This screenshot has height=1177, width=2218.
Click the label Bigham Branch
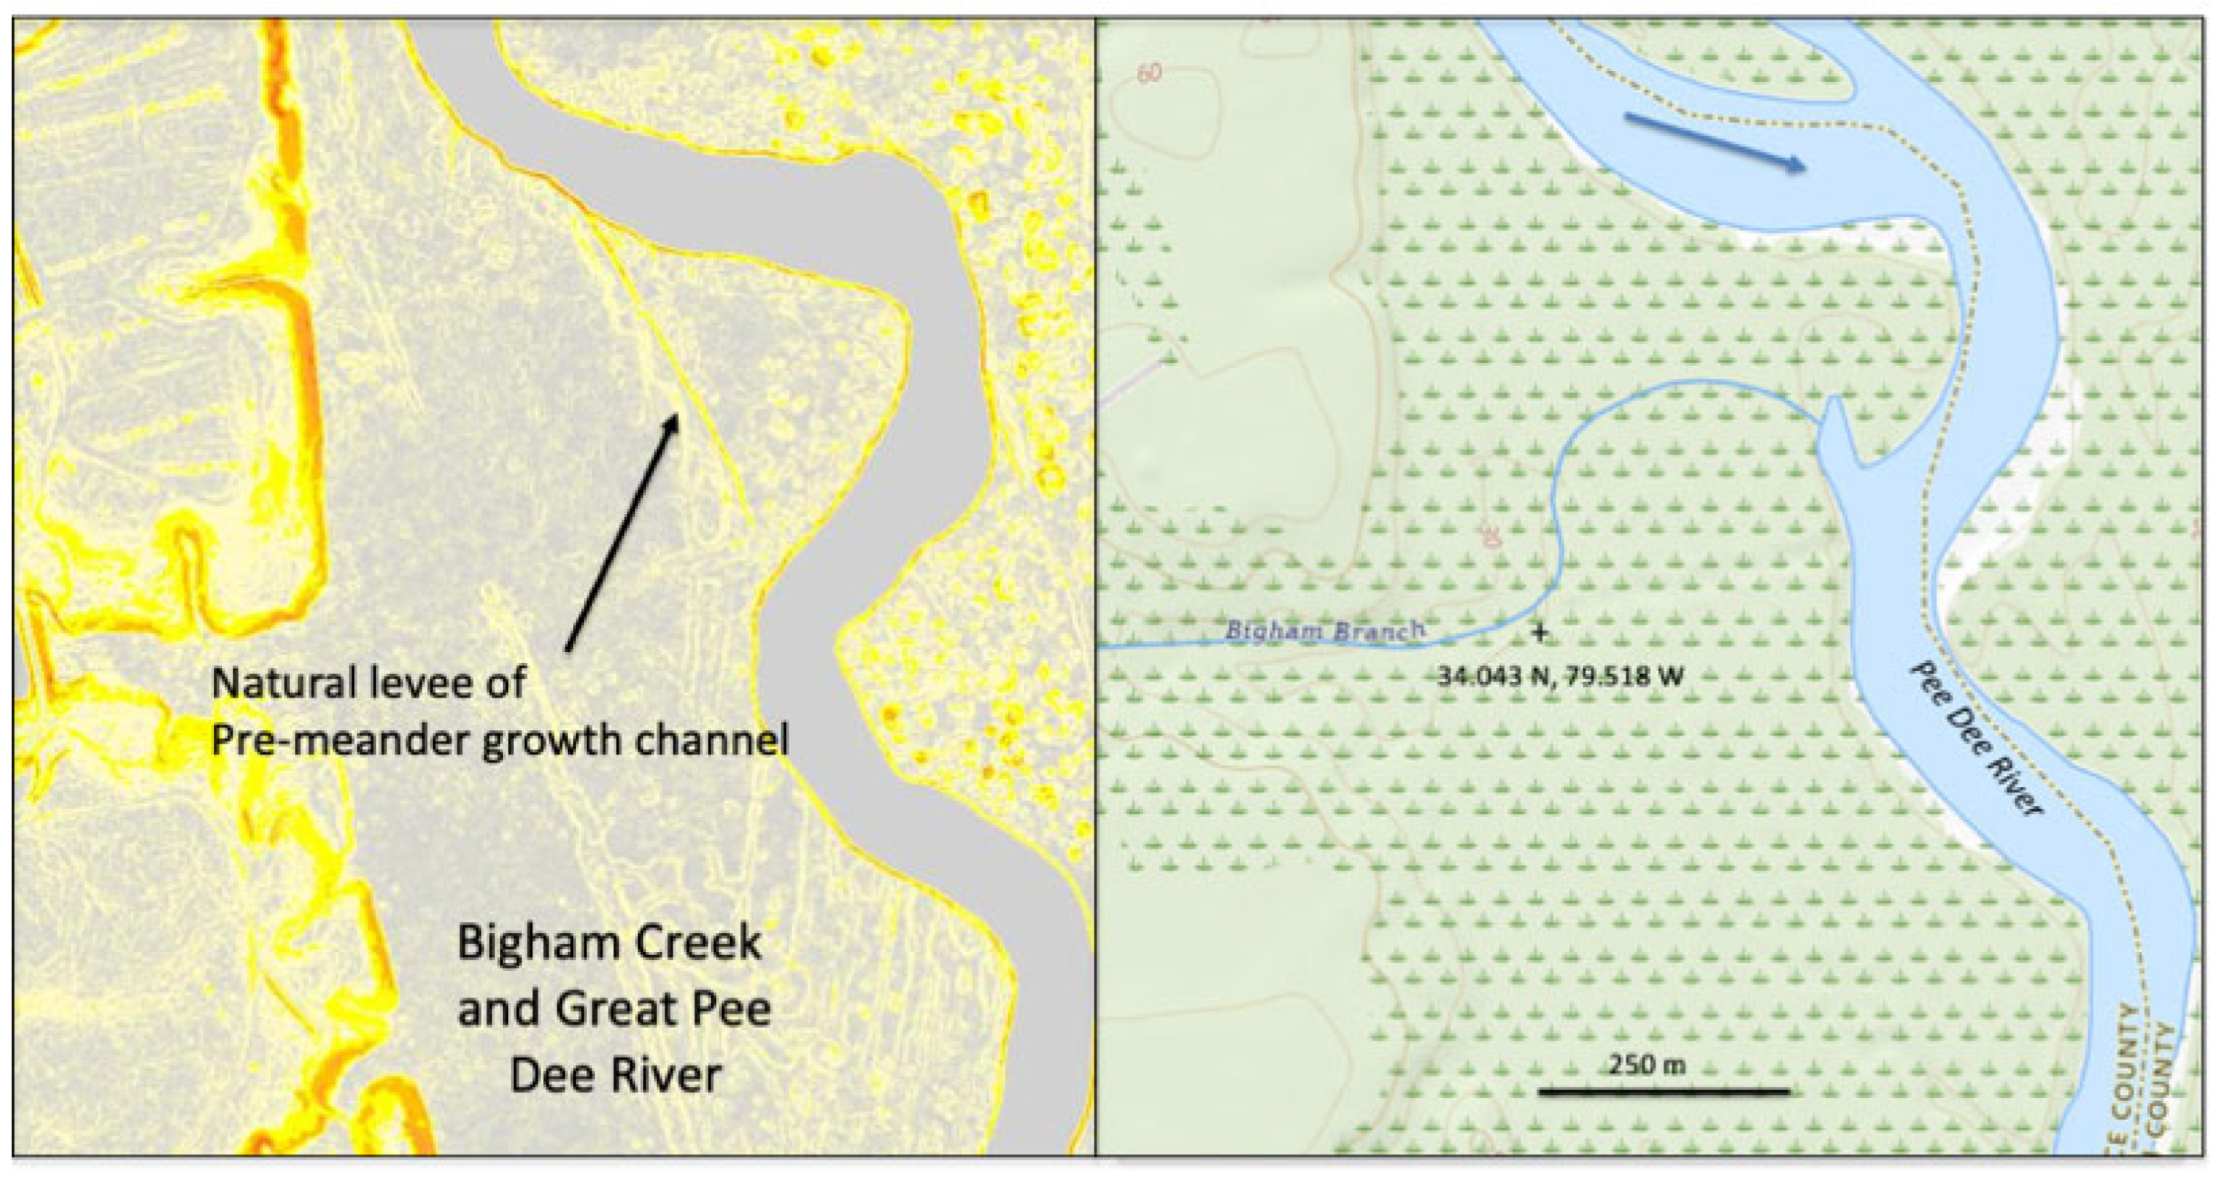[1324, 631]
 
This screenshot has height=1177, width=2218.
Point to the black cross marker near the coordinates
[1540, 633]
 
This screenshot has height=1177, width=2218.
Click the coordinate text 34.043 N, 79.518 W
[1560, 676]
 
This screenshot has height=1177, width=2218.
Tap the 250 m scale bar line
[1663, 1092]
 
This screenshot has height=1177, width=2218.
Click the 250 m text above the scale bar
[1647, 1065]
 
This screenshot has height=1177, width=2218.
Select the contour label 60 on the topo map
[1149, 73]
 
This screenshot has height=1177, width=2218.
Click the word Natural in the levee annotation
[282, 683]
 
